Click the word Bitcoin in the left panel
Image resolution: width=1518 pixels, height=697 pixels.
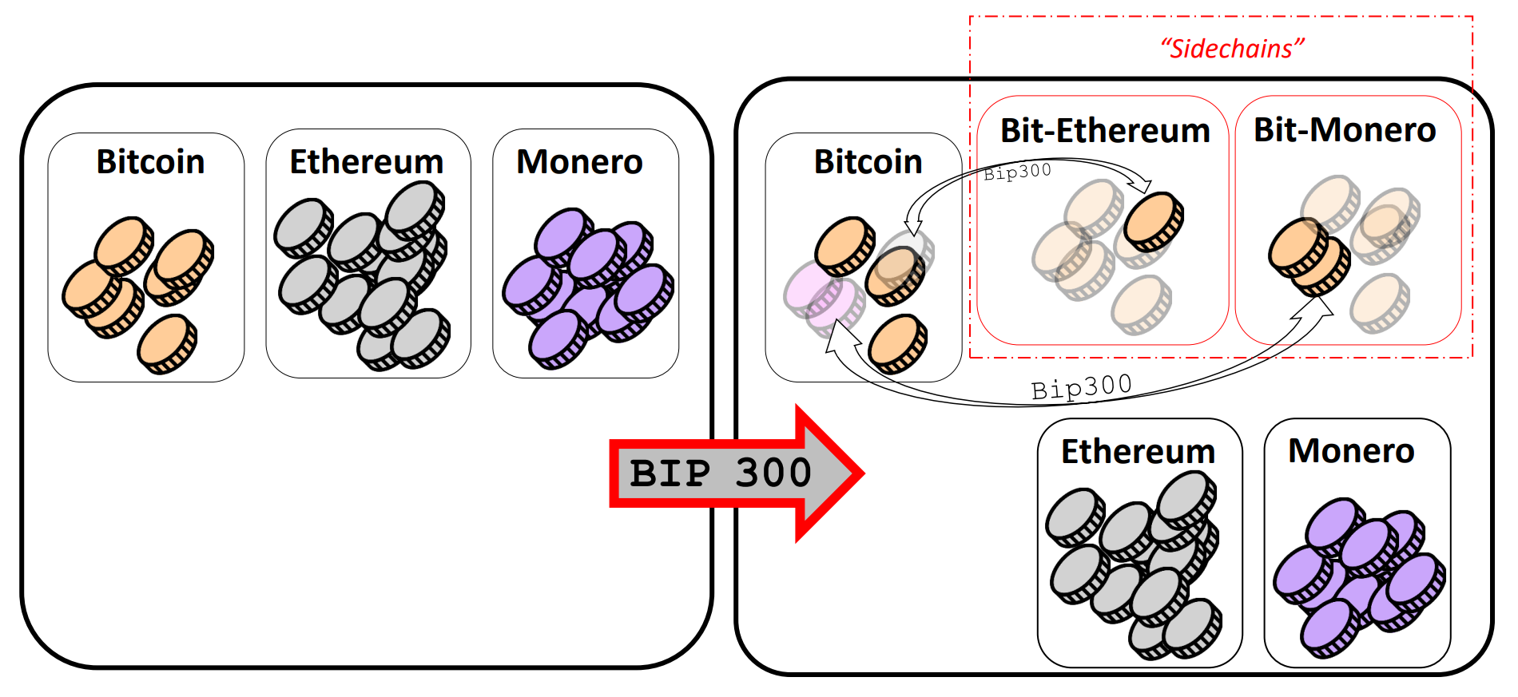150,162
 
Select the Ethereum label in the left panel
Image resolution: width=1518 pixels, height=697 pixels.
367,162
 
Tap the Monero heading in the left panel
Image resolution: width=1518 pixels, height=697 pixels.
580,162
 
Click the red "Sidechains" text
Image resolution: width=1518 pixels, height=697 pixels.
1233,49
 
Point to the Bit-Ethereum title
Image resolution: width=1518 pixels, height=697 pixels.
1106,130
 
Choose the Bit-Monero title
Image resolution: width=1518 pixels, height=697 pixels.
1345,130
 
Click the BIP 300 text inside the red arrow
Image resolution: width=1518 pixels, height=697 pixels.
721,473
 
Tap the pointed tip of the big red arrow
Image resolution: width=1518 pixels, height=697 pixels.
863,473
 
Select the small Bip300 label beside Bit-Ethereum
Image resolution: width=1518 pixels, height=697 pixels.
1017,172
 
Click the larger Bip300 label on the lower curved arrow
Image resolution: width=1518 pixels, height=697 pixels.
1082,387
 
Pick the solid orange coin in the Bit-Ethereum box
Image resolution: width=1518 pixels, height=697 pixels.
1154,221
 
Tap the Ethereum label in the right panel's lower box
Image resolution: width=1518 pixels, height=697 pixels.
1138,452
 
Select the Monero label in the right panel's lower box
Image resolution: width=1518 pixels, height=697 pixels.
1352,451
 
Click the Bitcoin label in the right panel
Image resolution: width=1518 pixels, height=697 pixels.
868,162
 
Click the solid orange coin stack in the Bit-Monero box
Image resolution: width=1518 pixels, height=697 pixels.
1308,256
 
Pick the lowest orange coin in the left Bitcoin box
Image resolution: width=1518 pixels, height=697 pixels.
167,343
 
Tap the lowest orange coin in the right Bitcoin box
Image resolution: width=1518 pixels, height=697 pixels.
898,343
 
